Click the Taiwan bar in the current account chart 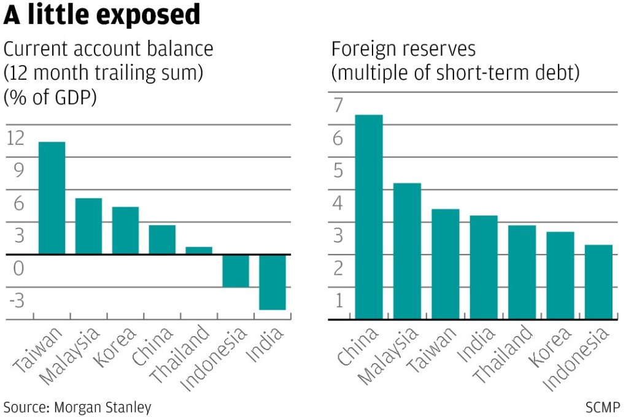(x=52, y=197)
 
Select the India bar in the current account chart (x=272, y=282)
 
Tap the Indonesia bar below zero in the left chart (x=235, y=270)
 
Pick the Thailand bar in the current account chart (x=198, y=250)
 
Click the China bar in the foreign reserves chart (x=369, y=217)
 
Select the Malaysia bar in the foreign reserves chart (x=407, y=251)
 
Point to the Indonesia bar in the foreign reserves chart (x=598, y=282)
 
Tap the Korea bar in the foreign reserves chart (x=560, y=275)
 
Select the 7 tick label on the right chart (x=337, y=106)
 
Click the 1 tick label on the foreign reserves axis (x=337, y=301)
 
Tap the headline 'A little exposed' (x=102, y=15)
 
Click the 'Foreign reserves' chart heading (x=403, y=48)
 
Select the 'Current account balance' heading (x=109, y=48)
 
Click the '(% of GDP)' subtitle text (x=50, y=98)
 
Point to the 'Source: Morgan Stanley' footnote (x=77, y=407)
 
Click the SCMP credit (x=603, y=407)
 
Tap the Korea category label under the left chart (x=114, y=348)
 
